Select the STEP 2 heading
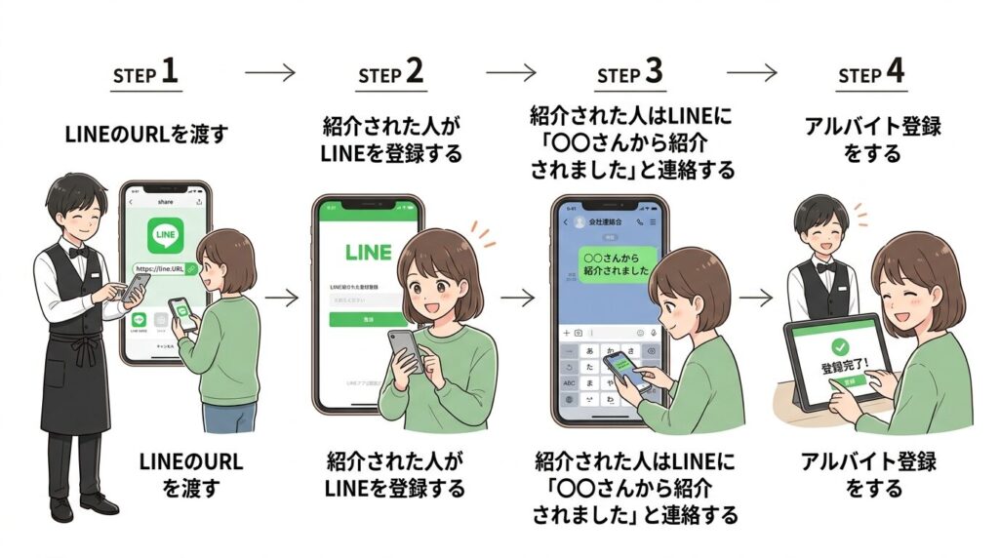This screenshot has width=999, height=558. click(x=389, y=73)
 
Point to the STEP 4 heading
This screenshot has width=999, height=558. click(x=871, y=74)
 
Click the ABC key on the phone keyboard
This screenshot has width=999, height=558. click(x=568, y=384)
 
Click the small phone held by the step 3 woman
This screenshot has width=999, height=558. click(x=624, y=371)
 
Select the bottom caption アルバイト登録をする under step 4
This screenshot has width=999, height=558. click(x=871, y=473)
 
